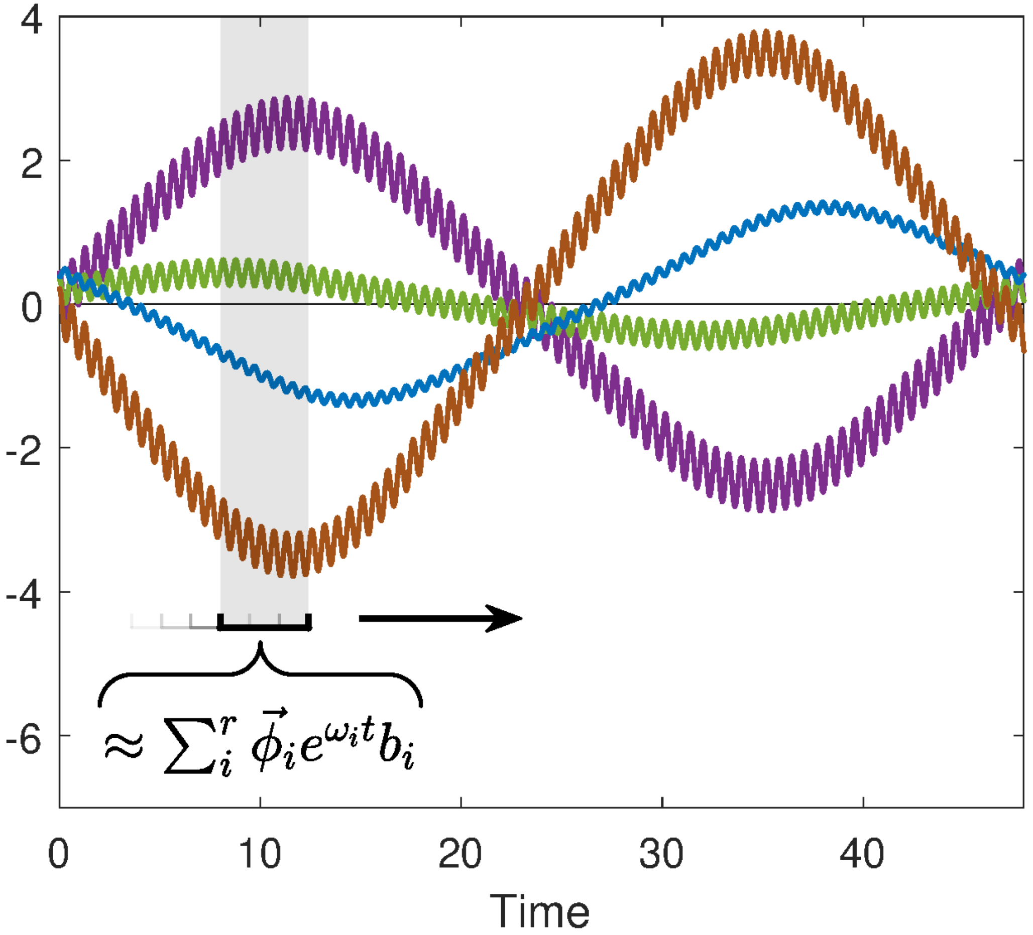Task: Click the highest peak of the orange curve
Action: point(766,32)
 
